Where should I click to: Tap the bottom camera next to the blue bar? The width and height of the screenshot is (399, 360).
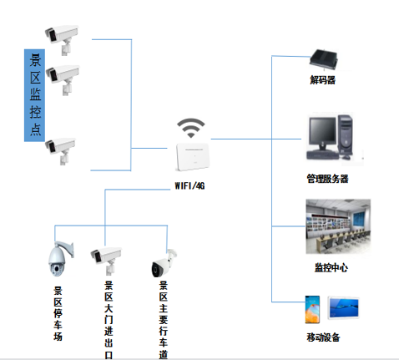(62, 147)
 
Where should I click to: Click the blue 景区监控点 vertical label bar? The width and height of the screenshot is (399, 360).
(35, 93)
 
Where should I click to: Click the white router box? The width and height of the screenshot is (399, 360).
(192, 157)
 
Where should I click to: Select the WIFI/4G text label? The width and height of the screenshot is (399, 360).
(189, 185)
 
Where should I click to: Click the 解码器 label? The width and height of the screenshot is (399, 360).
(322, 81)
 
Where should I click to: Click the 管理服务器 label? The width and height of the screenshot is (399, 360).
(326, 179)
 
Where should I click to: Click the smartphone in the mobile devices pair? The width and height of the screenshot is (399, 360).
(312, 309)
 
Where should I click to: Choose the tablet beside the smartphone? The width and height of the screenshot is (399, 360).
(345, 309)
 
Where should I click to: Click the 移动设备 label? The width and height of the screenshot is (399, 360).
(323, 337)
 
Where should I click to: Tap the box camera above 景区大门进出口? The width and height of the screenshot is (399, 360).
(107, 258)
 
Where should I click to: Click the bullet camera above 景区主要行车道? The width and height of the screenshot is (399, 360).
(164, 262)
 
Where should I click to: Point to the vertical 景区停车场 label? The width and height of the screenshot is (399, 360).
(58, 314)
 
